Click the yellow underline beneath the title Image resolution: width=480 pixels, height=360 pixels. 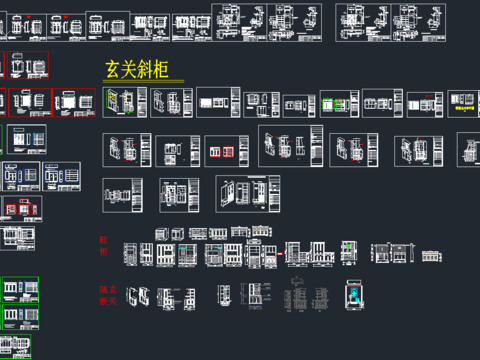click(144, 81)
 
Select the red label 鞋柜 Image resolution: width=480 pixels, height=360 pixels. click(103, 245)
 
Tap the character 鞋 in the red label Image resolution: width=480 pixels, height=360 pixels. click(103, 240)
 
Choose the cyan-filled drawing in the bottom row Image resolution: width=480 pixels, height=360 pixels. click(355, 298)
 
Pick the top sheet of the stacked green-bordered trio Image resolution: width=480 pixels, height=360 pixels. click(20, 290)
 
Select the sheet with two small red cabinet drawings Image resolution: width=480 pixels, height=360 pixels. click(227, 150)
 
